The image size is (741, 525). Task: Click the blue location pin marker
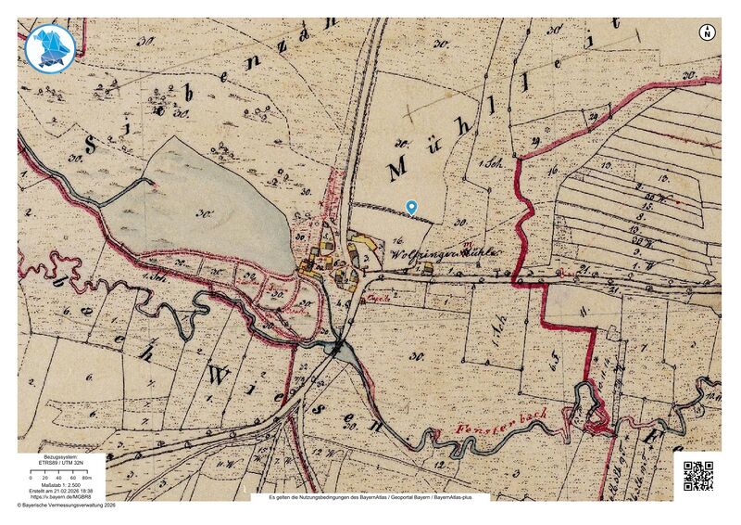coord(411,208)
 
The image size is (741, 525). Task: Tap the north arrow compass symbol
coord(708,32)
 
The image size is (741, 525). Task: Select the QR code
coord(698,474)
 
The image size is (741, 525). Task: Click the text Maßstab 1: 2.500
coord(60,485)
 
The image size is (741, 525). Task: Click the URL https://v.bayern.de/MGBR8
coord(60,497)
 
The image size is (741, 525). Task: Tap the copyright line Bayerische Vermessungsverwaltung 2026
coord(67,506)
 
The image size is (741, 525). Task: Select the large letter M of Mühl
coord(398,170)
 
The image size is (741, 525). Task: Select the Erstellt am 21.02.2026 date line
coord(60,492)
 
